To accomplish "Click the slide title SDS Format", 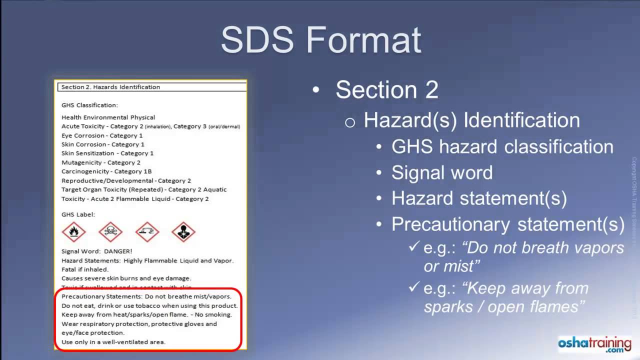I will pyautogui.click(x=321, y=40).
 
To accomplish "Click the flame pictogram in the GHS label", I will pyautogui.click(x=74, y=231).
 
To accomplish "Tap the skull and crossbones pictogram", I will pyautogui.click(x=110, y=231).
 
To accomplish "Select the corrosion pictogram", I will pyautogui.click(x=147, y=231).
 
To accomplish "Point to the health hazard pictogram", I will pyautogui.click(x=183, y=231).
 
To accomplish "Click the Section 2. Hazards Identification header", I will pyautogui.click(x=110, y=87).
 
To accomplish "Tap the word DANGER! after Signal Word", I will pyautogui.click(x=118, y=251).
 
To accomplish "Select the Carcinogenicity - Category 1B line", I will pyautogui.click(x=106, y=171).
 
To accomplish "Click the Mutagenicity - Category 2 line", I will pyautogui.click(x=101, y=162).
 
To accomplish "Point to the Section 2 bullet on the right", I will pyautogui.click(x=386, y=90).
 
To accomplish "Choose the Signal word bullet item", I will pyautogui.click(x=442, y=172).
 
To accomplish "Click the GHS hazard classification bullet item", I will pyautogui.click(x=502, y=147).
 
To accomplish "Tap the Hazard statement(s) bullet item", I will pyautogui.click(x=479, y=198).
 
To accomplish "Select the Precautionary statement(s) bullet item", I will pyautogui.click(x=507, y=224).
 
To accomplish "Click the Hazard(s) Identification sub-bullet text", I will pyautogui.click(x=471, y=120).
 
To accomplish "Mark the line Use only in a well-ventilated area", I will pyautogui.click(x=113, y=342).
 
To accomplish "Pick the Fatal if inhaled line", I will pyautogui.click(x=85, y=269).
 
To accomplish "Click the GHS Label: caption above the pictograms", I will pyautogui.click(x=78, y=214).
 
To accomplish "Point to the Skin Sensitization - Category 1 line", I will pyautogui.click(x=107, y=153).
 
